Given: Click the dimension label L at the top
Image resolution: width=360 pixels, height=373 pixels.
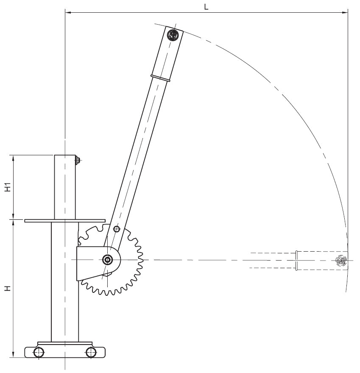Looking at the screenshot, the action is (x=206, y=7).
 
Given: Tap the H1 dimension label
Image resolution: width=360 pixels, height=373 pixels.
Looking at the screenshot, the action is (x=8, y=187).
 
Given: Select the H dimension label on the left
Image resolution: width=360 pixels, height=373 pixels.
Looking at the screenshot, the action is (x=8, y=289).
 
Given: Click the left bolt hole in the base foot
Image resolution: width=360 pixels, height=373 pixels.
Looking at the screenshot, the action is (x=39, y=352).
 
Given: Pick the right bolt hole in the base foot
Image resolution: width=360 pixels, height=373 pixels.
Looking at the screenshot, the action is (x=91, y=352).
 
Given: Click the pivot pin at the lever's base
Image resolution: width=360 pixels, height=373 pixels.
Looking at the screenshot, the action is (x=107, y=260).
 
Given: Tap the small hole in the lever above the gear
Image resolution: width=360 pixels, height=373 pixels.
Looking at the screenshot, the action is (x=117, y=229).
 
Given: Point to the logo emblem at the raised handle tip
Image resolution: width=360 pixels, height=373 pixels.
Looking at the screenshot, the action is (x=173, y=35).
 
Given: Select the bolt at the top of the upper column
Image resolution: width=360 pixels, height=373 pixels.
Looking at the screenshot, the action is (x=78, y=160).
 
